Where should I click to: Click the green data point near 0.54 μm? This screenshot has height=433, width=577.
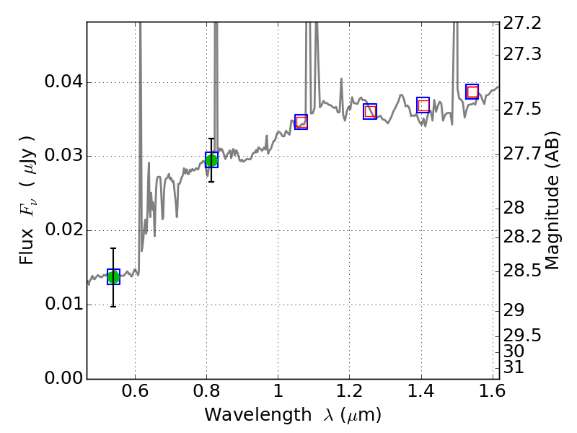tap(113, 277)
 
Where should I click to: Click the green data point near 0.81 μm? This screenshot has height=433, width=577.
tap(211, 159)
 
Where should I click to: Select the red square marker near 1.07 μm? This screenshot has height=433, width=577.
tap(301, 122)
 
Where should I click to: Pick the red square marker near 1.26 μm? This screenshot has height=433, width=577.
tap(370, 111)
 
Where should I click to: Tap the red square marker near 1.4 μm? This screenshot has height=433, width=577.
tap(423, 105)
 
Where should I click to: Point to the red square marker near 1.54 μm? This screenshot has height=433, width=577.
tap(472, 92)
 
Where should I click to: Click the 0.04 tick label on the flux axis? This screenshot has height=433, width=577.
tap(63, 82)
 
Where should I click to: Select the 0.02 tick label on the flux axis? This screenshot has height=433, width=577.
tap(63, 230)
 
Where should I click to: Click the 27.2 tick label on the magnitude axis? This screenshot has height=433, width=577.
tap(523, 23)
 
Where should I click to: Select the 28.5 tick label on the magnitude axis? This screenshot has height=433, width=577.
tap(523, 271)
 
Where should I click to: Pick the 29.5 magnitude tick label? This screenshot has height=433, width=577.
tap(523, 336)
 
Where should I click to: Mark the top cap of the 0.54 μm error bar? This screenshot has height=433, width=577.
tap(113, 248)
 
